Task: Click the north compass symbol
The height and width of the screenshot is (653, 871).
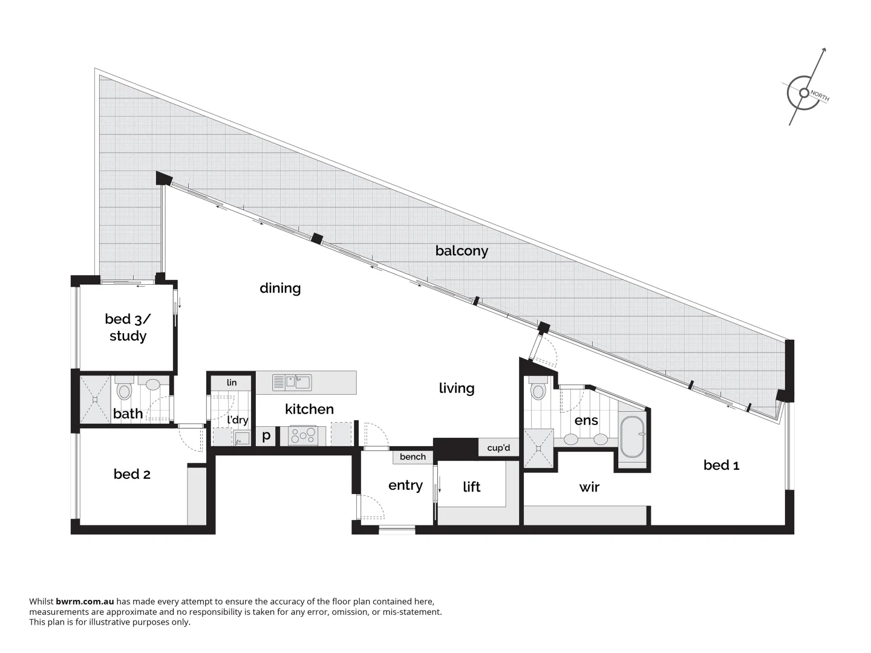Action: coord(804,93)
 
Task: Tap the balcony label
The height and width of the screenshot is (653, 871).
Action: coord(462,251)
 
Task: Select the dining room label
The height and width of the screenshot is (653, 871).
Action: coord(280,288)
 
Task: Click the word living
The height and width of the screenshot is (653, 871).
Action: coord(457,388)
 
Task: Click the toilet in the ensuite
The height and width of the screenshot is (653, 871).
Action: coord(537,390)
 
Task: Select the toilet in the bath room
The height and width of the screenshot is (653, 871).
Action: coord(125,390)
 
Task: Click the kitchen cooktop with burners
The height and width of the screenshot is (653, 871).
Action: coord(303,435)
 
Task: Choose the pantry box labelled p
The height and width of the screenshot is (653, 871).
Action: coord(266,435)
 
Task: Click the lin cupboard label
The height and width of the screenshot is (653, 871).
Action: coord(232,383)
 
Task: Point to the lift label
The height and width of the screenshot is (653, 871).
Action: coord(471,487)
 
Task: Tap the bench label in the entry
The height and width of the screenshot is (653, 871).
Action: coord(413,457)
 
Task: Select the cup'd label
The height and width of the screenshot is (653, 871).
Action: coord(498,448)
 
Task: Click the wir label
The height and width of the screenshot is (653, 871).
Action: coord(589,487)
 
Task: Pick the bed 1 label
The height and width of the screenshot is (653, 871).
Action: coord(721,465)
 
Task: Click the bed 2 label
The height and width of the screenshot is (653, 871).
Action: coord(132,475)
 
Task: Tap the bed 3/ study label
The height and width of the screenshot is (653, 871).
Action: coord(128,327)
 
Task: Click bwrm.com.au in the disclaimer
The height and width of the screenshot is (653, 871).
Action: coord(85,602)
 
